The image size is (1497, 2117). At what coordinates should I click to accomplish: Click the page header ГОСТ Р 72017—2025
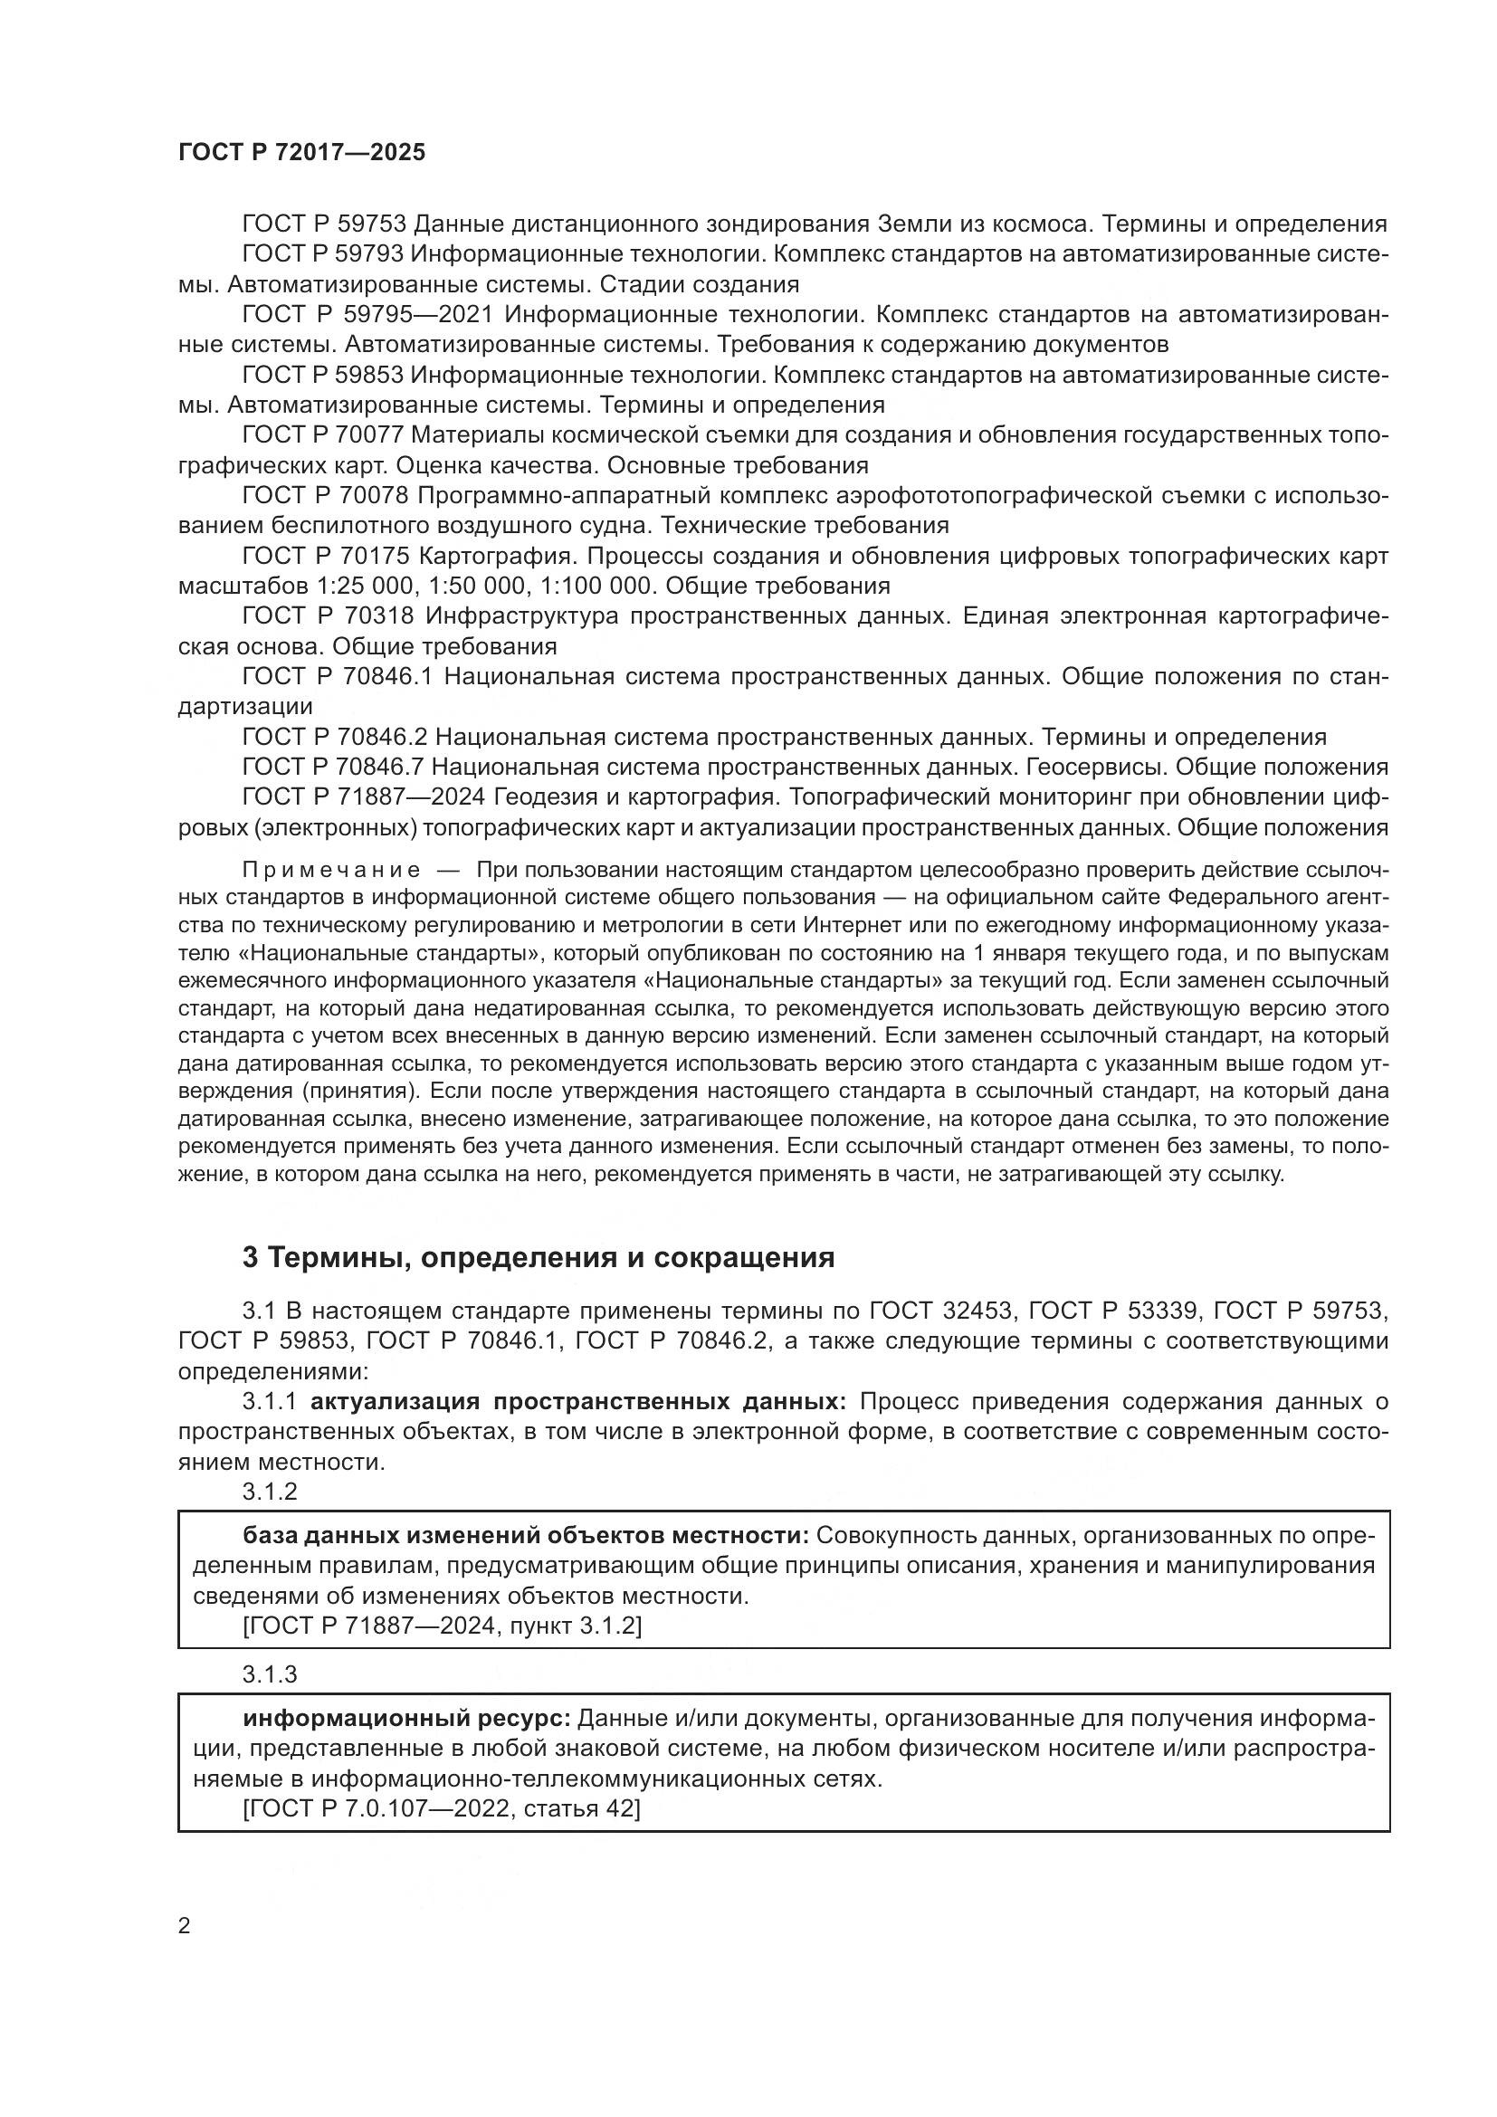(x=301, y=153)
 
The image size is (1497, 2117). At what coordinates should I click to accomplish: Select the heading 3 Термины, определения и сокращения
(x=539, y=1258)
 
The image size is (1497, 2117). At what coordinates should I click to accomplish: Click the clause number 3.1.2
(x=269, y=1492)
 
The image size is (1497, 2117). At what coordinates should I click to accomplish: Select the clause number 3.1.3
(x=269, y=1674)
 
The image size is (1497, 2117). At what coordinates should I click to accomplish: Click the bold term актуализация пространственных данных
(x=578, y=1401)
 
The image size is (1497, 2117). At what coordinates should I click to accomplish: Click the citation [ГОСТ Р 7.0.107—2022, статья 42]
(x=442, y=1809)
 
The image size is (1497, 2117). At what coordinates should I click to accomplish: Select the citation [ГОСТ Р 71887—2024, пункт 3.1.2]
(x=442, y=1626)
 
